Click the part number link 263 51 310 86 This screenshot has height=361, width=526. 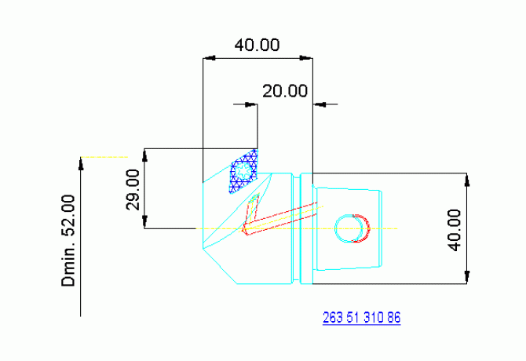click(362, 318)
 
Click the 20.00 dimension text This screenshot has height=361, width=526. click(285, 90)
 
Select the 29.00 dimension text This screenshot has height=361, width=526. click(133, 189)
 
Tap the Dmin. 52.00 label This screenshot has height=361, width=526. click(70, 240)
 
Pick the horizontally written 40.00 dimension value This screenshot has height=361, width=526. click(258, 45)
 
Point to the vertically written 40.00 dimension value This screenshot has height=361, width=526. click(454, 229)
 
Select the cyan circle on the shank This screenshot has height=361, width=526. click(349, 228)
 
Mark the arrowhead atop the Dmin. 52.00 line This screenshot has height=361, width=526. click(82, 162)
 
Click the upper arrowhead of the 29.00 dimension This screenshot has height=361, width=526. click(146, 154)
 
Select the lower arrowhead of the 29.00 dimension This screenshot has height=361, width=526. click(146, 223)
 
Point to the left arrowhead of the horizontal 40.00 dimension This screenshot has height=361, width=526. click(208, 57)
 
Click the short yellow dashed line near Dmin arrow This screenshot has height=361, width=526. click(106, 157)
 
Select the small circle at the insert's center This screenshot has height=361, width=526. click(245, 170)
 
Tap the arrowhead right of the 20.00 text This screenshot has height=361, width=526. click(320, 103)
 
